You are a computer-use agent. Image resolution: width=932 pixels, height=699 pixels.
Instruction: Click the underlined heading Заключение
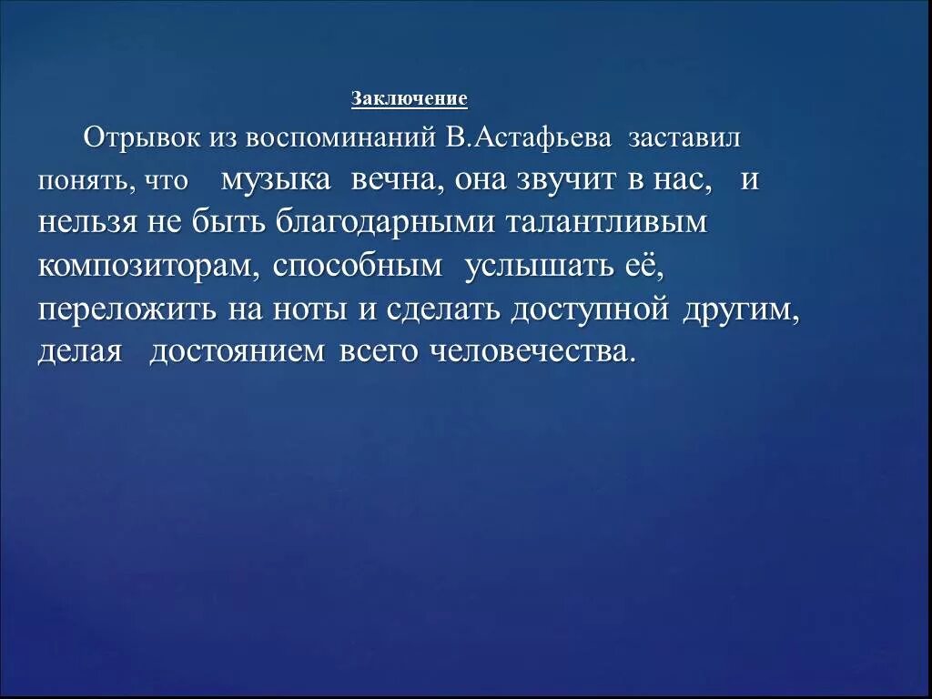point(409,99)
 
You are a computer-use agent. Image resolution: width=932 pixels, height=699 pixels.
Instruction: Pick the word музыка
point(276,180)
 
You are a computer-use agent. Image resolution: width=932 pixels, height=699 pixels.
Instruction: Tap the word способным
point(358,266)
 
